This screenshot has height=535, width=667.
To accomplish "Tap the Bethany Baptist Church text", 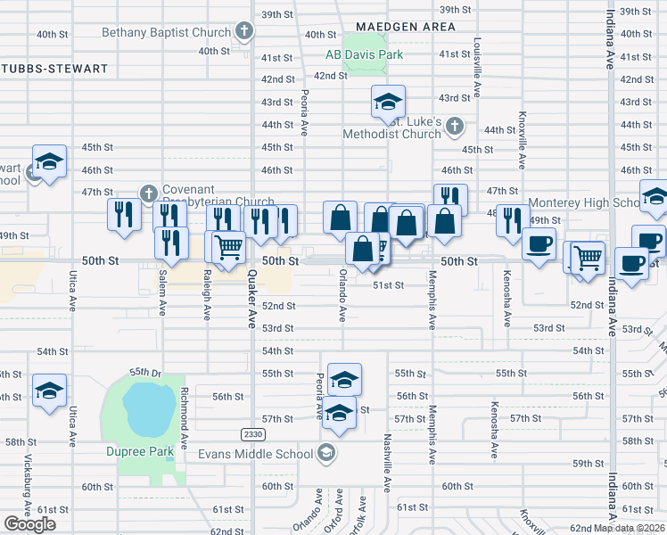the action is [167, 33].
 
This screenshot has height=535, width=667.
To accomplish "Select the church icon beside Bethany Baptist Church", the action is [244, 32].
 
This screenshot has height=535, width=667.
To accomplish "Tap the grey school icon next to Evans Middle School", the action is [326, 453].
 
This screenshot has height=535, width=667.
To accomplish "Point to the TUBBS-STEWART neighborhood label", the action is [54, 68].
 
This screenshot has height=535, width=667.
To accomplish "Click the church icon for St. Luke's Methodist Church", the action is [455, 125].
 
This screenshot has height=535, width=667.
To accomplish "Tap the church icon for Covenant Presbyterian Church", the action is [148, 191].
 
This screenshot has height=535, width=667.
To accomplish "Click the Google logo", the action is [29, 524].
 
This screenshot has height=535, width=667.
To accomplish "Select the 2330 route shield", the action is [252, 433].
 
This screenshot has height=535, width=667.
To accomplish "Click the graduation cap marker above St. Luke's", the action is [388, 103].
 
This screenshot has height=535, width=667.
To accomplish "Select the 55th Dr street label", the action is [144, 371].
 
